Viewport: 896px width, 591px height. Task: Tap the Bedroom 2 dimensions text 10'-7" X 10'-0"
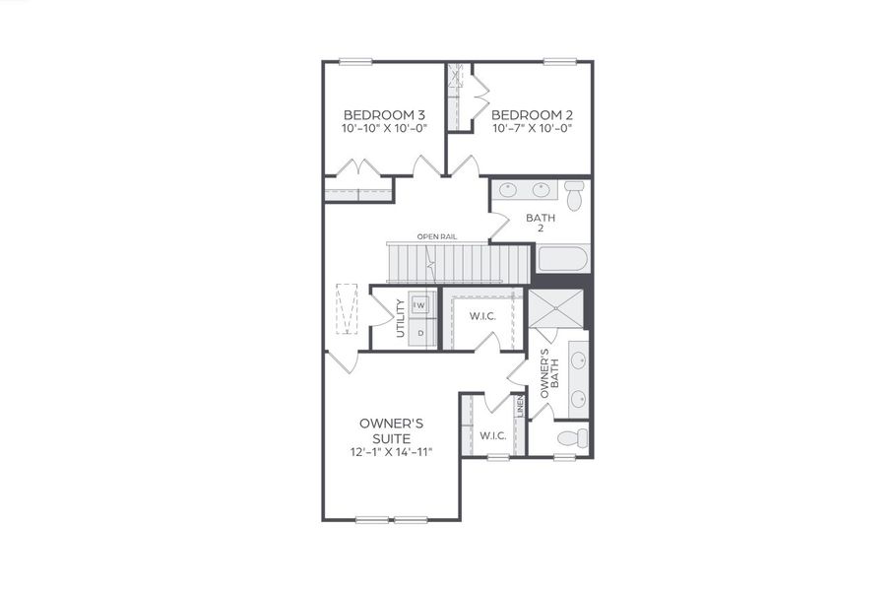(x=532, y=129)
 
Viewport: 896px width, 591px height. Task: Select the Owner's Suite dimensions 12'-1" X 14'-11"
(x=391, y=452)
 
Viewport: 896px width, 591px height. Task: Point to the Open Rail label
(x=436, y=236)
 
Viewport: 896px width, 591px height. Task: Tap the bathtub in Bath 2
(x=562, y=260)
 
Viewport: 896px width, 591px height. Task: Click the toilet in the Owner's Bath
(x=570, y=437)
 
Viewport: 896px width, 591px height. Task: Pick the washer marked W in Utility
(x=419, y=305)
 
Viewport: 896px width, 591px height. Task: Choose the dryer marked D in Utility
(x=420, y=333)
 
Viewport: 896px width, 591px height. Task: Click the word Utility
(x=401, y=317)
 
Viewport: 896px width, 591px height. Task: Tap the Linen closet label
(x=520, y=407)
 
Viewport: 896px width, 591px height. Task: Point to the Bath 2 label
(x=541, y=224)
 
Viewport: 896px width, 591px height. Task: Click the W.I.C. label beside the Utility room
(x=481, y=316)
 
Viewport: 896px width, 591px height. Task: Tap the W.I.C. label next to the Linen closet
(x=492, y=435)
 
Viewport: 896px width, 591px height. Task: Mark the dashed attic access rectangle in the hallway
(x=348, y=308)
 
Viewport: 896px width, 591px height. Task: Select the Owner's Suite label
(x=391, y=429)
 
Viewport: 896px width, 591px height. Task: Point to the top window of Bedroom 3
(x=356, y=62)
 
